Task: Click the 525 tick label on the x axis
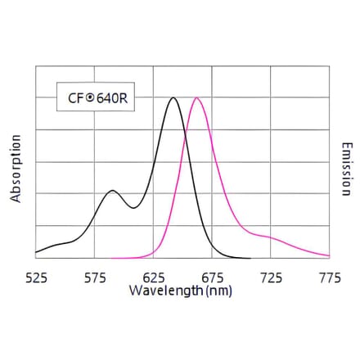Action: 36,278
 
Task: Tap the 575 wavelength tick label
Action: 95,278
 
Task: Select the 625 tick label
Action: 154,278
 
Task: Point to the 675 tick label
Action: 213,278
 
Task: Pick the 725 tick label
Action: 272,278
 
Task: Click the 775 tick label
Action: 330,278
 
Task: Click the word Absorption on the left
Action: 16,169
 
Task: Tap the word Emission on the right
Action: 347,169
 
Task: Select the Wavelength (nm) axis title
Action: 180,291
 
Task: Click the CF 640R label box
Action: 94,98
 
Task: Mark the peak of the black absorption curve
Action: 173,98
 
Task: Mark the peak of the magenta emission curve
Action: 196,98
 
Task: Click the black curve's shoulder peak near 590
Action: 113,193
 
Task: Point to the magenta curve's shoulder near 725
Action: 267,237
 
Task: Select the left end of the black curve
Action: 36,251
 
